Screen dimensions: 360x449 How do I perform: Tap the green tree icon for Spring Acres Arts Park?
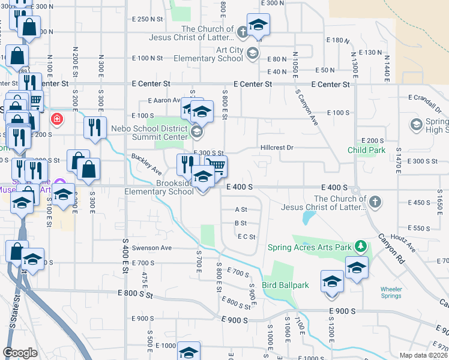click(x=360, y=246)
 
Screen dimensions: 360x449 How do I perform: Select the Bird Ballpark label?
click(x=285, y=285)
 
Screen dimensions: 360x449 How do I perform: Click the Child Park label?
click(x=366, y=150)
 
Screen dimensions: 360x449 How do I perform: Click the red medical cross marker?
click(x=57, y=119)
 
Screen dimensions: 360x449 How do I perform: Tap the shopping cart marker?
click(x=217, y=165)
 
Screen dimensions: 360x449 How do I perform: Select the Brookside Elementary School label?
click(x=159, y=187)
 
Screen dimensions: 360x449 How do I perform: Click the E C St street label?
click(x=247, y=236)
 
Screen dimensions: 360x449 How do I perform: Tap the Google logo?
click(x=20, y=353)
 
